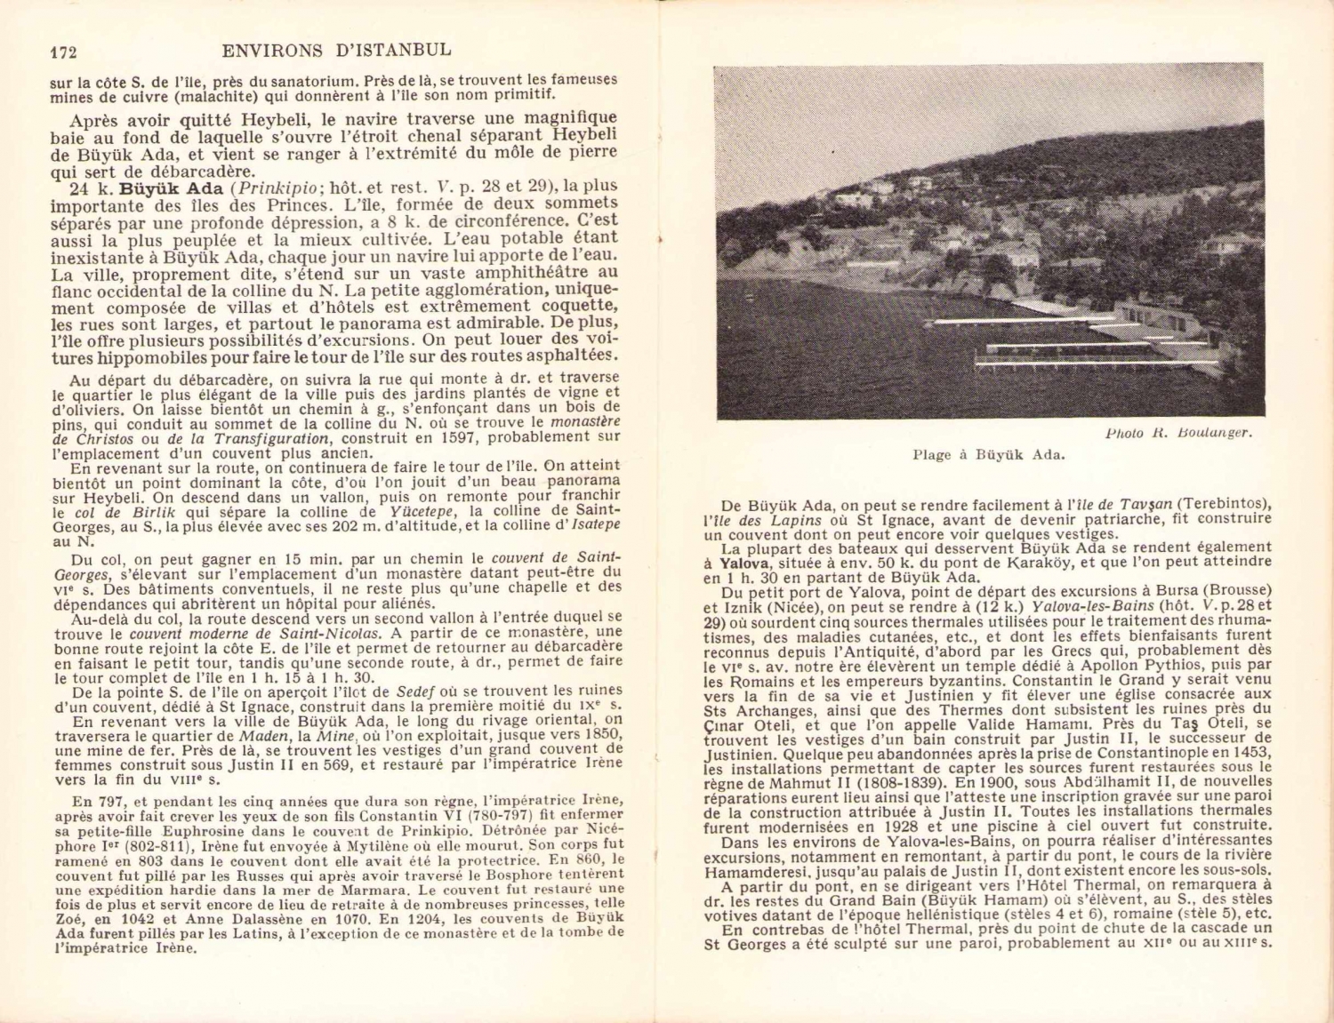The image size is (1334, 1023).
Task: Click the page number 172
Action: (63, 52)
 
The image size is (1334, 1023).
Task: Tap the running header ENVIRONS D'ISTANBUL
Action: (336, 50)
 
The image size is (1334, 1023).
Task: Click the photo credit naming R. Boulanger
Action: (1178, 433)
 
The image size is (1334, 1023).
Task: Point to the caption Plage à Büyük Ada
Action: (988, 455)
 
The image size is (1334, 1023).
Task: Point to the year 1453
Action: (1254, 753)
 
